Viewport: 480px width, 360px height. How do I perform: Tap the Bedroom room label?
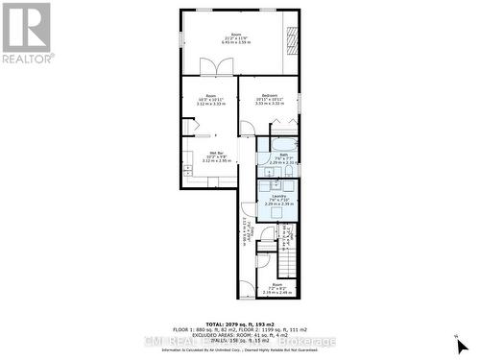tap(270, 95)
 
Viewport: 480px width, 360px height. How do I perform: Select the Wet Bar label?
tap(216, 153)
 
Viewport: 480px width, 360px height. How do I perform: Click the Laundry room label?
tap(278, 195)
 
